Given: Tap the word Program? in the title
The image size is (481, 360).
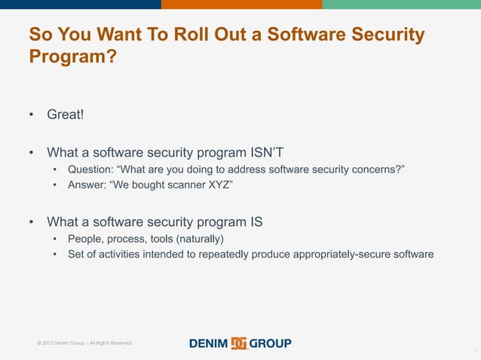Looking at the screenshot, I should [x=72, y=56].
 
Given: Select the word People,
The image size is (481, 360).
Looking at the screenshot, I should [x=87, y=239].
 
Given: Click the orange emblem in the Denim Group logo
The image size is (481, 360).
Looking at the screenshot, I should [x=240, y=343].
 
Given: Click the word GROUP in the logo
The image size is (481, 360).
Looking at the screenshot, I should [x=271, y=343].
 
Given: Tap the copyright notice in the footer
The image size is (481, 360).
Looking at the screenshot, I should [x=84, y=343].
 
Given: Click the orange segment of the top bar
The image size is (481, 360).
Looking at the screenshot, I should [x=241, y=5].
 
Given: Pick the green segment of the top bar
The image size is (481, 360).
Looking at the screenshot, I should [x=401, y=5].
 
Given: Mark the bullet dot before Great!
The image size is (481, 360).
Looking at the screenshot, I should [x=32, y=116].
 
